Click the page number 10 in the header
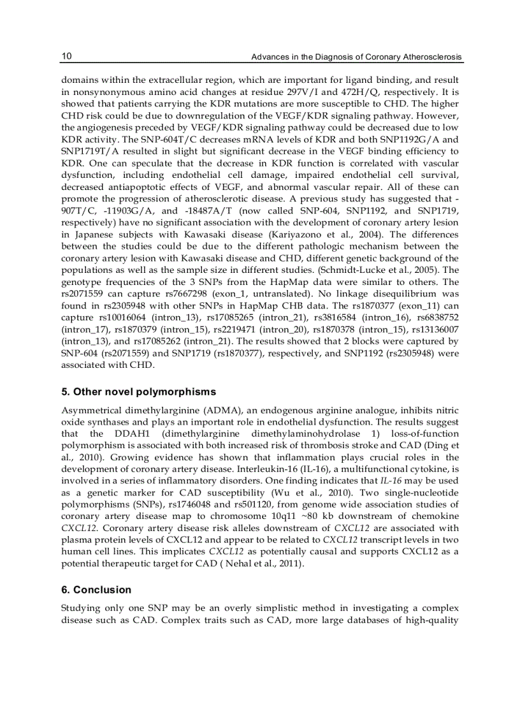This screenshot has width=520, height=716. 66,57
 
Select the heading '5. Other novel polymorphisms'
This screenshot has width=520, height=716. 138,391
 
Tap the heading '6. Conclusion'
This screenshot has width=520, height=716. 96,589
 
